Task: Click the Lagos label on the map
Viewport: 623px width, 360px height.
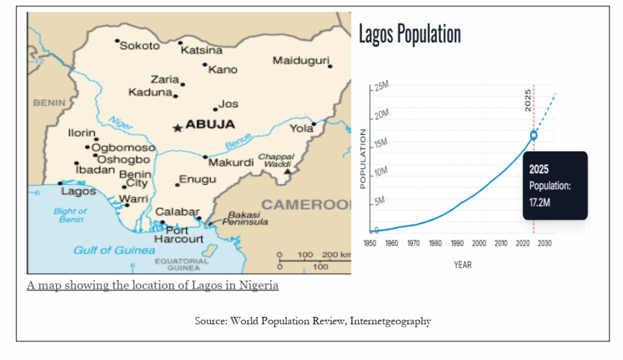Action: point(78,191)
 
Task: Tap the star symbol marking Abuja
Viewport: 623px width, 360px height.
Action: point(177,128)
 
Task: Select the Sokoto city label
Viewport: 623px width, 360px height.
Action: point(139,46)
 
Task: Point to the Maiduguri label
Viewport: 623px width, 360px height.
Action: point(301,61)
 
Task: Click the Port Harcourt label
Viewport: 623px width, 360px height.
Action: point(178,235)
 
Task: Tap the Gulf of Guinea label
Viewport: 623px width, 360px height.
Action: point(114,250)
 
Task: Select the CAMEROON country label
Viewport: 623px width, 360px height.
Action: point(306,204)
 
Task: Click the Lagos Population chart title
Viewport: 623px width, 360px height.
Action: point(409,34)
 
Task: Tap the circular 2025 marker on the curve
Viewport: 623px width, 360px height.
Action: point(534,135)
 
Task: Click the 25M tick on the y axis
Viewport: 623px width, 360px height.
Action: point(381,87)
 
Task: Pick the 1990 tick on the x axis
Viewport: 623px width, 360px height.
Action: point(457,243)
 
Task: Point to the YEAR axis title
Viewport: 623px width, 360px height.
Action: point(462,265)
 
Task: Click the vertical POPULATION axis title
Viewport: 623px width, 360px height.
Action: point(363,158)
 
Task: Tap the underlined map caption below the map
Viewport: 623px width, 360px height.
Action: point(152,285)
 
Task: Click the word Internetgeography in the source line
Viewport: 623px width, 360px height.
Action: point(390,321)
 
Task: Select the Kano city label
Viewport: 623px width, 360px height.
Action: point(222,69)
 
